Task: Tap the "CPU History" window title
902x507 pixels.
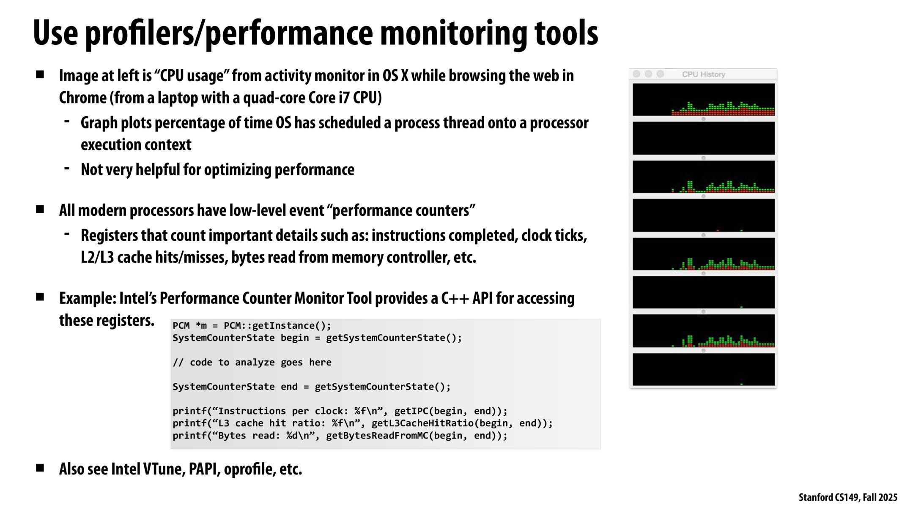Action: point(703,74)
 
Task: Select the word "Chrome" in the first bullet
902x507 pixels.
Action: point(83,98)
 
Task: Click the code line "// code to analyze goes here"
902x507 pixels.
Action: point(252,362)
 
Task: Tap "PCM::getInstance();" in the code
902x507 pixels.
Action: point(277,326)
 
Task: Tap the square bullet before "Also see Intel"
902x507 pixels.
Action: point(40,468)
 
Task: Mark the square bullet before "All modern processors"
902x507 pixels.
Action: point(40,209)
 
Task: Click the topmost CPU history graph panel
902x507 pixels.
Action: point(704,99)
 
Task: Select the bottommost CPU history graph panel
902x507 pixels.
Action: point(704,369)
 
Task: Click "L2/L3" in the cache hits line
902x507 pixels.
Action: point(97,257)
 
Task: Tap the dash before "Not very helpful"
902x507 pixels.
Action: point(67,168)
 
